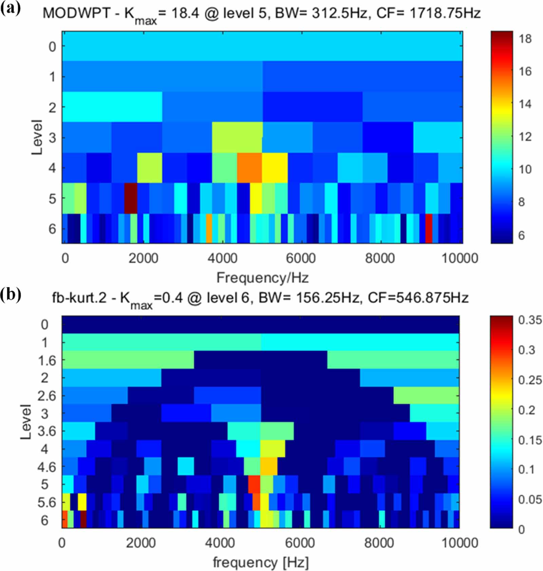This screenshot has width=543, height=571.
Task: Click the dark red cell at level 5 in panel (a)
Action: (131, 198)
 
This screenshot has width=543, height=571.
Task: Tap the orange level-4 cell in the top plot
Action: (249, 168)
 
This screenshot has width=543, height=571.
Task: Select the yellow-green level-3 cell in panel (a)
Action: (237, 137)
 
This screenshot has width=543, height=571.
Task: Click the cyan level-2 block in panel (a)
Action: (112, 107)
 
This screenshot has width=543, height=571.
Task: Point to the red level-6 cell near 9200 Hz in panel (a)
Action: (429, 228)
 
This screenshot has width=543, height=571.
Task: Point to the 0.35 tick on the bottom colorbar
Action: (530, 320)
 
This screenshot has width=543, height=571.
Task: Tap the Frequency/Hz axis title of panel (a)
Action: (262, 278)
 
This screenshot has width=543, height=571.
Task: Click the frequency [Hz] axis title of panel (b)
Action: (261, 562)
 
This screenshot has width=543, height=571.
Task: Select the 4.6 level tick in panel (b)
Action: (46, 467)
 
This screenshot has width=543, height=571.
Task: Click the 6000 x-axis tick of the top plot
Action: (301, 259)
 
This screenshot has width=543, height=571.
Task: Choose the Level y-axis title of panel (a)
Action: (37, 137)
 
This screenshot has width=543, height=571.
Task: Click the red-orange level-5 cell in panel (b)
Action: (254, 484)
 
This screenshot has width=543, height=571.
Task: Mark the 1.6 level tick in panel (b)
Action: (47, 360)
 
